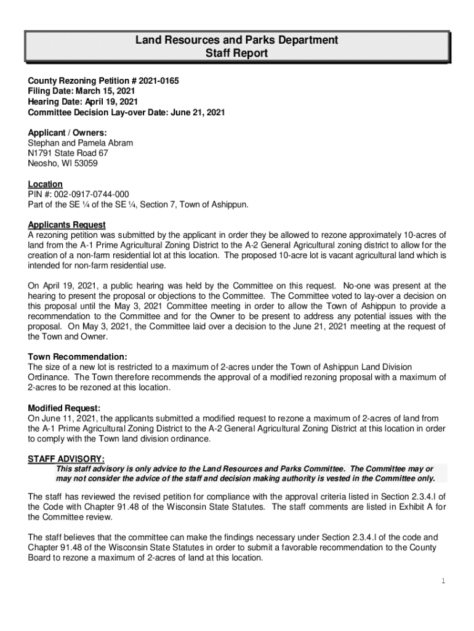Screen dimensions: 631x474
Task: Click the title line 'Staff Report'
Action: click(x=236, y=54)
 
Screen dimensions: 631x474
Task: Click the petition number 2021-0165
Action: click(x=159, y=81)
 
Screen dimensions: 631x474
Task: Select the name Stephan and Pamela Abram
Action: click(x=81, y=143)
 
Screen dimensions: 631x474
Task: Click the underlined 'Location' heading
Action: click(x=46, y=184)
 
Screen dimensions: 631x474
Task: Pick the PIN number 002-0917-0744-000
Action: click(x=92, y=195)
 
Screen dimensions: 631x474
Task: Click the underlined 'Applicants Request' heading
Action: click(x=67, y=225)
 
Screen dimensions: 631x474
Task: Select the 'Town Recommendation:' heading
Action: click(x=78, y=357)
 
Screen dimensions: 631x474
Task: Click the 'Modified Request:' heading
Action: click(x=64, y=408)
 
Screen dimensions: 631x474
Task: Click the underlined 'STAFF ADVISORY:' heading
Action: click(x=66, y=459)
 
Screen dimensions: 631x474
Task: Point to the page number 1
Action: click(x=443, y=581)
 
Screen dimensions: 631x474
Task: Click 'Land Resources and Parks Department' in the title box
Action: click(x=236, y=41)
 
